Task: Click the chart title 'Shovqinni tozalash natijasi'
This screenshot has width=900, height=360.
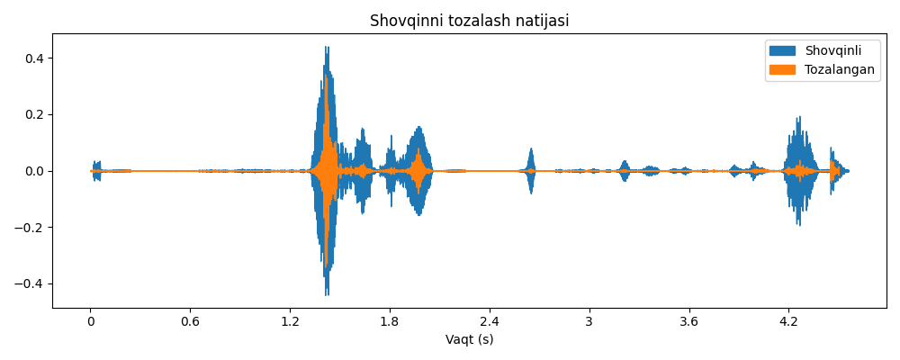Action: [x=469, y=21]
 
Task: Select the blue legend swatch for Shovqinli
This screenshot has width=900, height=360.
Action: [x=782, y=51]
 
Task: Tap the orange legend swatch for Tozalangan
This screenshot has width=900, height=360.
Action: [x=782, y=70]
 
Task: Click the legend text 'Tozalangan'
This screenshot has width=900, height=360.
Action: [x=839, y=70]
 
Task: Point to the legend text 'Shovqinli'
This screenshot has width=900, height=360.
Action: [x=832, y=51]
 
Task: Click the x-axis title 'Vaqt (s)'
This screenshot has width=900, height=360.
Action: [x=469, y=340]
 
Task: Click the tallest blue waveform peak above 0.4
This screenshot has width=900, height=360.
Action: [x=327, y=49]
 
